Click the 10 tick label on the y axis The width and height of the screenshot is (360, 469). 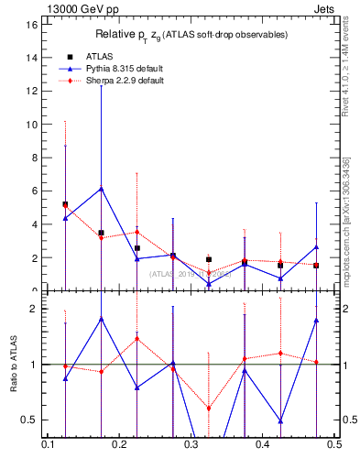(32, 125)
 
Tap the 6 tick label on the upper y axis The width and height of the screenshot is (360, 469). (35, 191)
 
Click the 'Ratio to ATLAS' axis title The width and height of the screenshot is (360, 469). (12, 364)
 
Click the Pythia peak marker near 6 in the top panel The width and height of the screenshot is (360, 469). (101, 189)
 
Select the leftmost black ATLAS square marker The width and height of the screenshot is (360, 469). (65, 204)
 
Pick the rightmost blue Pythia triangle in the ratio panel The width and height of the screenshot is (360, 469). (316, 320)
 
